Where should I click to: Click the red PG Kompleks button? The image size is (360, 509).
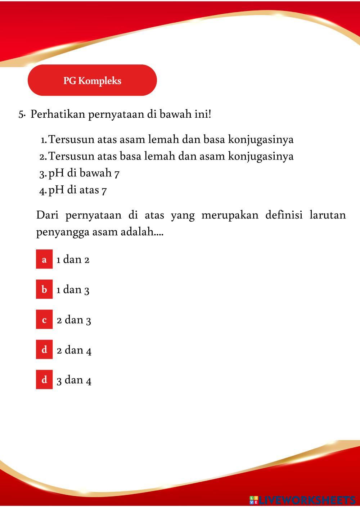tap(92, 80)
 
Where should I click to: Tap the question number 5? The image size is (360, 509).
tap(21, 115)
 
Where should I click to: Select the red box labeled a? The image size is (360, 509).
tap(44, 259)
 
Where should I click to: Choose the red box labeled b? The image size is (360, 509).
tap(44, 289)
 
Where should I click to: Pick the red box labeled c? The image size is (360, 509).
tap(44, 320)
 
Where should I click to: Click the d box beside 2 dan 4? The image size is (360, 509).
tap(44, 350)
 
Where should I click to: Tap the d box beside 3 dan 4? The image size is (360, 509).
tap(44, 380)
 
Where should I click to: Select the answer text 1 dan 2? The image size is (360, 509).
tap(73, 260)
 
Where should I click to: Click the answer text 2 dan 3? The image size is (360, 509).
tap(74, 320)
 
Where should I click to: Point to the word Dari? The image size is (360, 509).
tap(47, 215)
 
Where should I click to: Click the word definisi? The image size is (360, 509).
tap(284, 215)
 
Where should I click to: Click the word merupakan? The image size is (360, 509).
tap(230, 216)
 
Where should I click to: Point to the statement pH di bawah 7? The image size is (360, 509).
tap(84, 173)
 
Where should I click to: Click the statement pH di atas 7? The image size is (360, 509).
tap(77, 190)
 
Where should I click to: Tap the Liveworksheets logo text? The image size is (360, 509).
tap(302, 500)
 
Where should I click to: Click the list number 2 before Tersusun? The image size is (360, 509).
tap(42, 157)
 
